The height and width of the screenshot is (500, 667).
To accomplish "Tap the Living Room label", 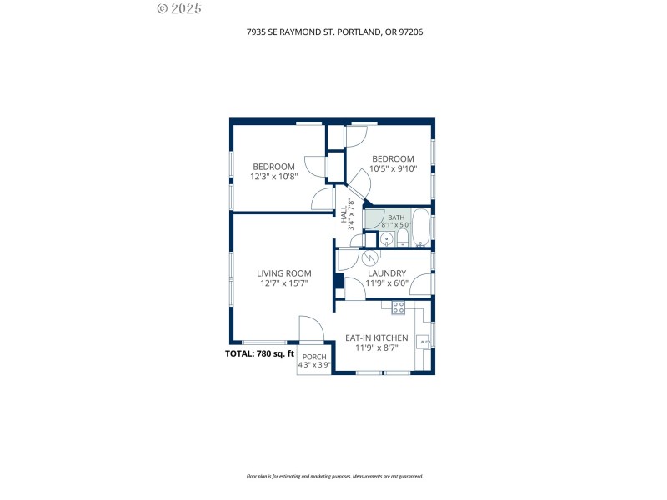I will [x=283, y=273].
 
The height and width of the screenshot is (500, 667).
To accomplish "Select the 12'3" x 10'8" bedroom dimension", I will [x=273, y=177].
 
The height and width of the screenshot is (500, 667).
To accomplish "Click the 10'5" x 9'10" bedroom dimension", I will [x=392, y=169].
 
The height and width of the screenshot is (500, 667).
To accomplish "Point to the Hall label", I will [x=343, y=213].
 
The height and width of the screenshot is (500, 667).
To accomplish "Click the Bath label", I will [x=395, y=217].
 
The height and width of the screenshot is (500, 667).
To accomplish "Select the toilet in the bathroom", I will [x=402, y=240].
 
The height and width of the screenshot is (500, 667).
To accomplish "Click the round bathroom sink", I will [x=385, y=240].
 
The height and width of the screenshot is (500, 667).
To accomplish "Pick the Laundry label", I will [x=386, y=273].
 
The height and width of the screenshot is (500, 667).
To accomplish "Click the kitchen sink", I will [x=424, y=339].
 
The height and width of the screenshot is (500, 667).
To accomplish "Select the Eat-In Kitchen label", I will [x=376, y=338].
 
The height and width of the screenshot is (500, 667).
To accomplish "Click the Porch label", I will [x=314, y=357].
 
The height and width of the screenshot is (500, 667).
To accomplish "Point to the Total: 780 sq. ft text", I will [x=260, y=353].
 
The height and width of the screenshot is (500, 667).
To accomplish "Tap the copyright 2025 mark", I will [x=178, y=9].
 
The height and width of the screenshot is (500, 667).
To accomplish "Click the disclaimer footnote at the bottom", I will [x=334, y=477].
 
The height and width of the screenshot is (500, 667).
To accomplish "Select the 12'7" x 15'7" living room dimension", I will [x=283, y=283].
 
